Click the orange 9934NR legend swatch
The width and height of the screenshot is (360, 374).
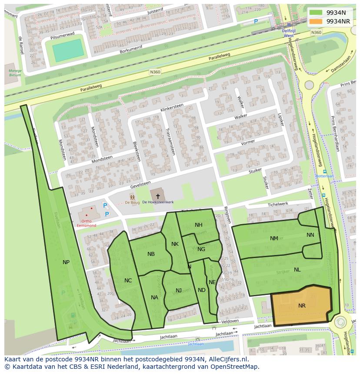tap(316, 21)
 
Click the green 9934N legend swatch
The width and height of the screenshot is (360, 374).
tap(316, 13)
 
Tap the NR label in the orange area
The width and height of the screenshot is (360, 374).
tap(302, 306)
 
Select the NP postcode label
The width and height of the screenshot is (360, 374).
tap(66, 262)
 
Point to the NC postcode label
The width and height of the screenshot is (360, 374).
tap(128, 281)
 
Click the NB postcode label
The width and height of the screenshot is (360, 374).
tap(151, 254)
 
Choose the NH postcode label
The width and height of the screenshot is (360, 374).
tap(199, 225)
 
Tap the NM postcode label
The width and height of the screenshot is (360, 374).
tap(274, 238)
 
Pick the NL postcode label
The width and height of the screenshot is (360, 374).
tap(297, 269)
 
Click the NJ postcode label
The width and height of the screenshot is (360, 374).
tap(179, 290)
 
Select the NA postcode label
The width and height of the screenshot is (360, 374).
tap(154, 298)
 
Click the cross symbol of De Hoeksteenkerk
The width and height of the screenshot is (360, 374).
tap(158, 196)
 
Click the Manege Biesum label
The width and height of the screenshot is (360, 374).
tap(15, 73)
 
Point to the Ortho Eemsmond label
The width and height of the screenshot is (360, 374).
tap(86, 223)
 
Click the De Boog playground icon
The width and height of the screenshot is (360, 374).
tap(132, 198)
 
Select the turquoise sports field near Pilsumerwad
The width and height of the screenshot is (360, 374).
tap(68, 50)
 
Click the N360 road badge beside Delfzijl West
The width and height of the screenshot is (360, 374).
tap(316, 33)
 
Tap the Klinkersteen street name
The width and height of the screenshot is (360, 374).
tap(171, 108)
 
